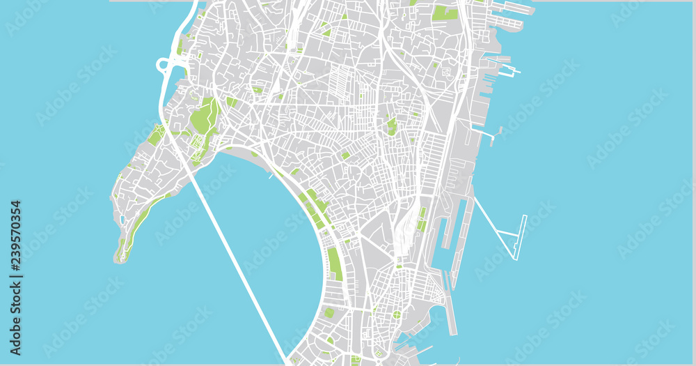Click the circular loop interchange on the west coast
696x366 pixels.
[165, 66]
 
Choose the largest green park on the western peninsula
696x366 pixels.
[204, 116]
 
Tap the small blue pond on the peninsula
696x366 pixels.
[122, 220]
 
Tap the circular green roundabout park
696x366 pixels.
[396, 315]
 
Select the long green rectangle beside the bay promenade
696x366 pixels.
[335, 264]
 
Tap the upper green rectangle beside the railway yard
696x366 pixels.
[422, 212]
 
